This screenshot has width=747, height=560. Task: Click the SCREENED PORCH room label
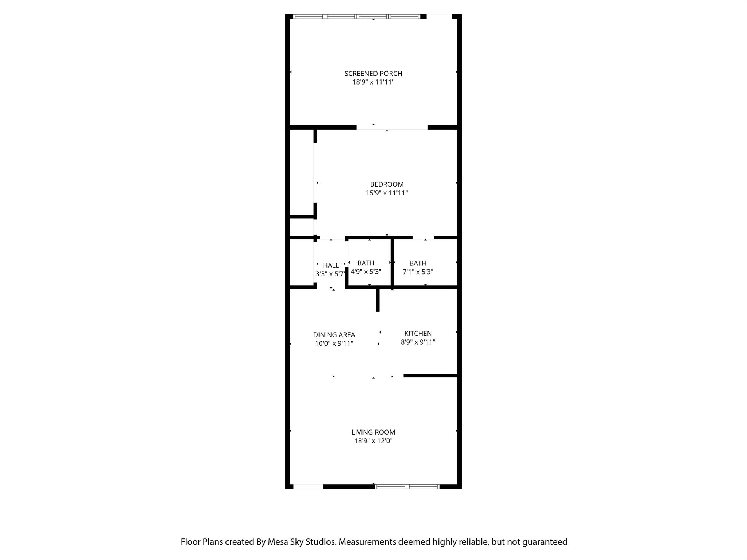point(373,74)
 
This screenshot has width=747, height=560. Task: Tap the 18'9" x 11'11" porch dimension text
point(373,82)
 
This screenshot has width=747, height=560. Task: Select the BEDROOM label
point(387,184)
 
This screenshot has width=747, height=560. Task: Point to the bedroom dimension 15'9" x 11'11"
point(387,193)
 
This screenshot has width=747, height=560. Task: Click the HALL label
point(331,265)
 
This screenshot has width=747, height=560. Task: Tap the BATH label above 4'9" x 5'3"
point(366,263)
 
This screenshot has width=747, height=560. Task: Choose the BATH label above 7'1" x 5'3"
point(418,263)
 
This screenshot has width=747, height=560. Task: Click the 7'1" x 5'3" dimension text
point(418,272)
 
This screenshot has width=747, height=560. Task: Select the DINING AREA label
point(334,335)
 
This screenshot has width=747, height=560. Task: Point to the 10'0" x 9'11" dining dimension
point(334,343)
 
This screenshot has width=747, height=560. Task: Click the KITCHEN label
point(418,334)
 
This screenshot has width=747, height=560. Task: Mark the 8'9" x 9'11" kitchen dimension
point(418,342)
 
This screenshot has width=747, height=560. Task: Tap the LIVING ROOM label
point(373,432)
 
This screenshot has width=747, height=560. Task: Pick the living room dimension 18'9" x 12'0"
point(373,441)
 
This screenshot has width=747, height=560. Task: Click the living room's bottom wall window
point(407,486)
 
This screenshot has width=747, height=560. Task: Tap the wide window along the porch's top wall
point(357,16)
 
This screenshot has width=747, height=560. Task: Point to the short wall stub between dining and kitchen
point(378,300)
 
